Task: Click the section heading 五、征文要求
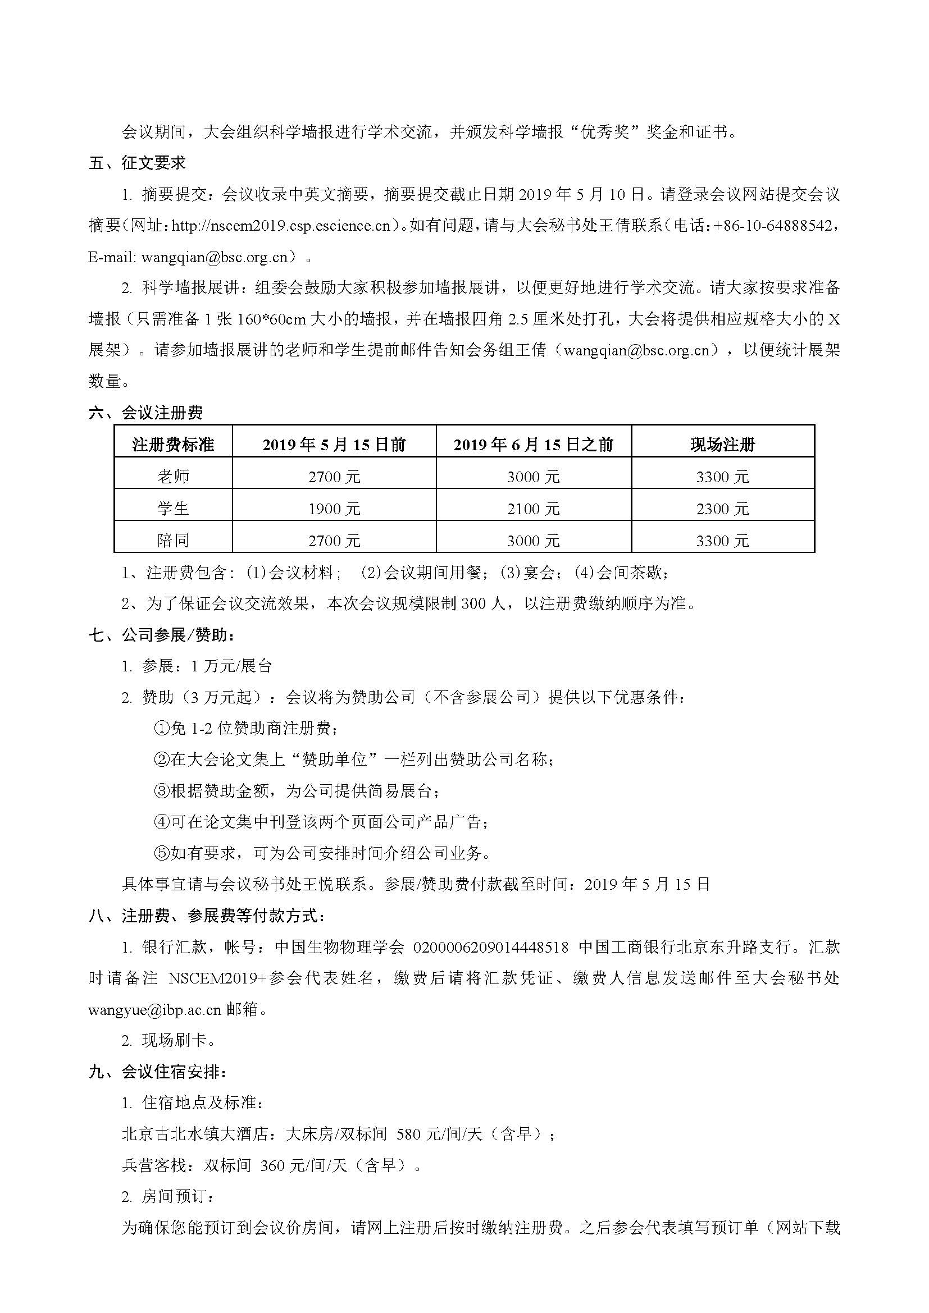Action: pos(137,163)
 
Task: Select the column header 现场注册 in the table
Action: pos(722,445)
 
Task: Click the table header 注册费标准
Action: pos(173,445)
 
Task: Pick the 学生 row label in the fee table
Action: pos(173,509)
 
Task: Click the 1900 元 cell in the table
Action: pos(334,509)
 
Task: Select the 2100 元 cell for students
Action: pos(533,509)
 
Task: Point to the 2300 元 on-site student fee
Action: pos(722,509)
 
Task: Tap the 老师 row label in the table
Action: pos(173,477)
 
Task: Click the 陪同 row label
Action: pos(173,541)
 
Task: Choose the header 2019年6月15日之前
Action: pos(533,445)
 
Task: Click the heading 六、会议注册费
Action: pos(146,413)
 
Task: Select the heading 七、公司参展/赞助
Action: pos(162,634)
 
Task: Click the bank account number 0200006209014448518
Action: pos(491,948)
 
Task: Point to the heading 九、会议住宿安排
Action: pos(162,1072)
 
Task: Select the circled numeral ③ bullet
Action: pos(161,791)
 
